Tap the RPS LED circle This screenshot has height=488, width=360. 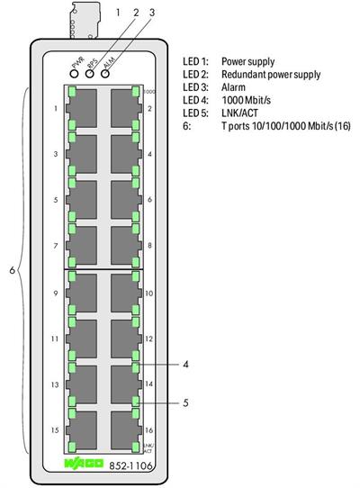[91, 72]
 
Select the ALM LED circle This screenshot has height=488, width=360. [105, 72]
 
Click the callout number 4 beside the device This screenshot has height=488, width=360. [184, 365]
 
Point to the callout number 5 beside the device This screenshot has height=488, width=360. [184, 402]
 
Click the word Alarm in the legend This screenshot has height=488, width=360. [234, 88]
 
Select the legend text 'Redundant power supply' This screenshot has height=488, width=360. [271, 75]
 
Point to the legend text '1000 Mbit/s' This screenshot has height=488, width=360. [247, 102]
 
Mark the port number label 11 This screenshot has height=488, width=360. [55, 339]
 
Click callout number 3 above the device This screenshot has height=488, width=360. [152, 14]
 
